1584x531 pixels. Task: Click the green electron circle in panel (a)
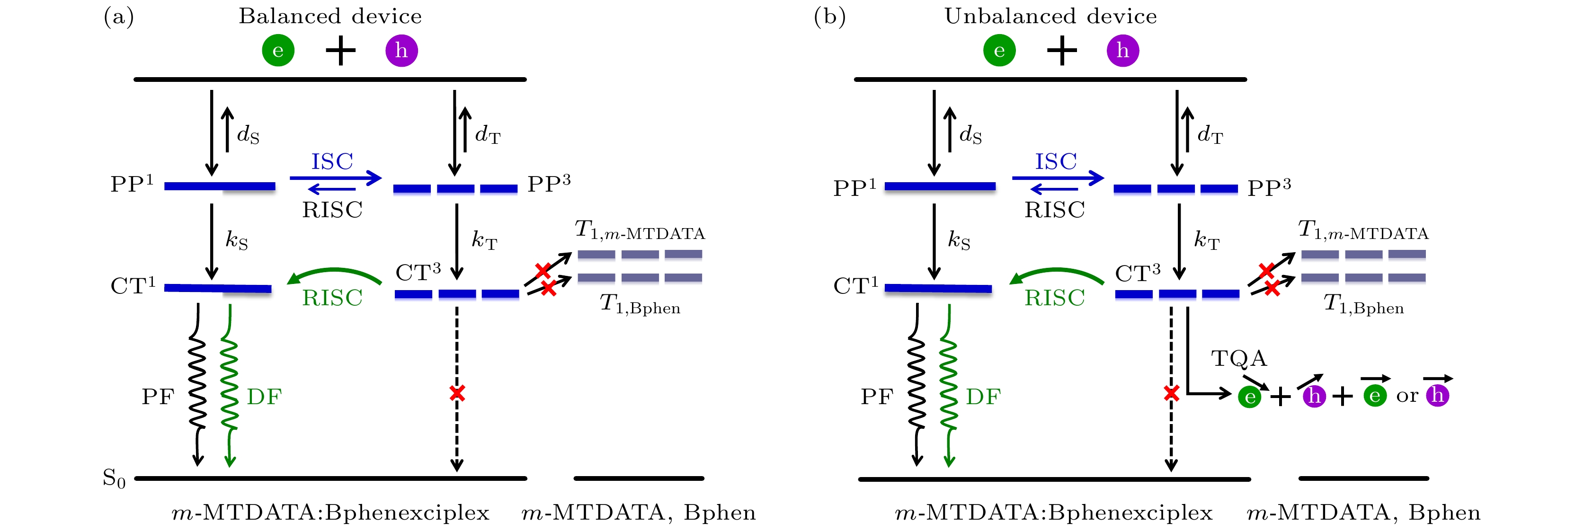(278, 50)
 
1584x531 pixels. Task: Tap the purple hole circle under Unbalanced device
(1122, 50)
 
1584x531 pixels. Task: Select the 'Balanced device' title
(330, 16)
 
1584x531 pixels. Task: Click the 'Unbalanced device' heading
(1050, 16)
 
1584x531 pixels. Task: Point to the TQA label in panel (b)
(1239, 358)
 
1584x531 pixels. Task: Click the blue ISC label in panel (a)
(332, 162)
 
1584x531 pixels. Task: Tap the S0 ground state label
(114, 478)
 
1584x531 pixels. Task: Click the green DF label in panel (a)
(264, 397)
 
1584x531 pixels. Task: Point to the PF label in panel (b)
(877, 397)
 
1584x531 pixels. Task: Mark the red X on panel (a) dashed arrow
(457, 393)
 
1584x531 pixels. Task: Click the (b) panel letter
(829, 17)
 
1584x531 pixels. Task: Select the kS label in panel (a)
(237, 239)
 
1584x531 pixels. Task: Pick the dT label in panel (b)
(1210, 134)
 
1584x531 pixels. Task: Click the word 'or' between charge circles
(1407, 396)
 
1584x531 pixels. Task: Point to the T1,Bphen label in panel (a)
(640, 304)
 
